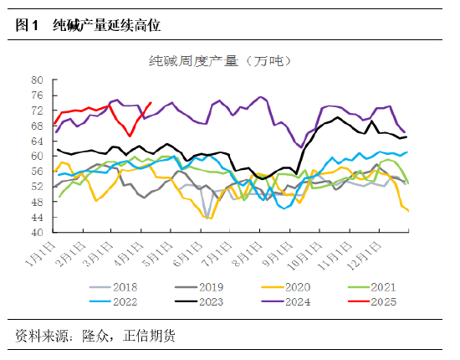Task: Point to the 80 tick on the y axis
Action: [x=38, y=80]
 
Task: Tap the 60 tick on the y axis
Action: [x=38, y=156]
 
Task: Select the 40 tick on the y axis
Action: [x=38, y=232]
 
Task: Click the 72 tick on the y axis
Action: [x=38, y=110]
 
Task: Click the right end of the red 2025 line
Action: [x=151, y=103]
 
